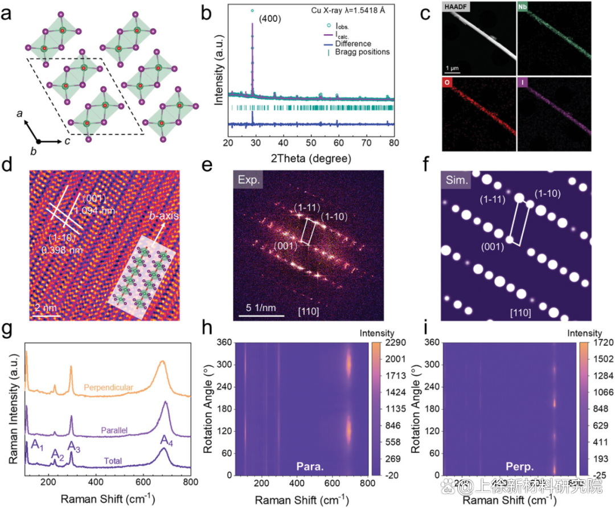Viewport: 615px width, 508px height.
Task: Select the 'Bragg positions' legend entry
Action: tap(363, 52)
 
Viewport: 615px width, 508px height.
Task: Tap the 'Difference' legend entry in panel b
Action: tap(354, 43)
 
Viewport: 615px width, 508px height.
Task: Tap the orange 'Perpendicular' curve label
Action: tap(109, 388)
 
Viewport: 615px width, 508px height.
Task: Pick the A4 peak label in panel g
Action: tap(166, 440)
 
